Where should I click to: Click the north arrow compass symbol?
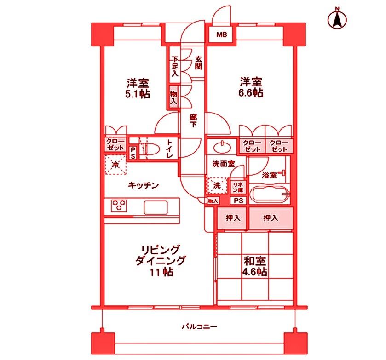[x=337, y=20]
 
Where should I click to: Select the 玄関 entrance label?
[x=198, y=63]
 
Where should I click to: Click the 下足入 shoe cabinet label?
[x=175, y=66]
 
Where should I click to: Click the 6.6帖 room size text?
[x=251, y=93]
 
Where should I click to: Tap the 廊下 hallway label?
[x=194, y=121]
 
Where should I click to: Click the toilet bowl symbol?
[x=150, y=149]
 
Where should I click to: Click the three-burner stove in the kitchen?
[x=119, y=206]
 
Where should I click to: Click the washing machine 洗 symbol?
[x=217, y=186]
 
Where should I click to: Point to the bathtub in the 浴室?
[x=269, y=195]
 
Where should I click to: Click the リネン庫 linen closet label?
[x=237, y=186]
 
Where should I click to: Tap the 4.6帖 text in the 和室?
[x=255, y=271]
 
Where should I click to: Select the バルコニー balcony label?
[x=199, y=327]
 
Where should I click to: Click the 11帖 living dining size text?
[x=161, y=272]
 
